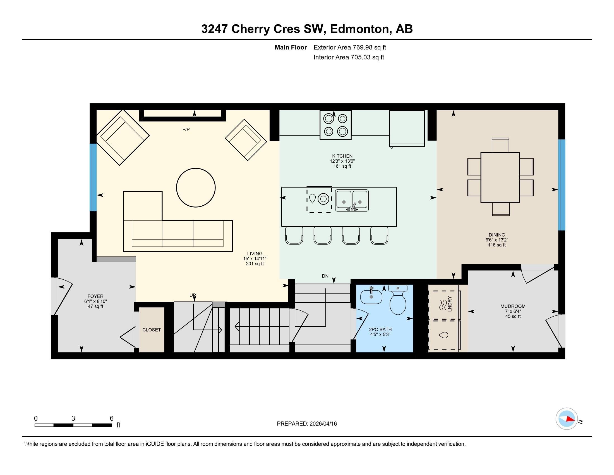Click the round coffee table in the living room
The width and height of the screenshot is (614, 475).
point(196,188)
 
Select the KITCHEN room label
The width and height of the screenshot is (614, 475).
point(342,156)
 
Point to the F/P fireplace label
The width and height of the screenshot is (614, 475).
point(186,129)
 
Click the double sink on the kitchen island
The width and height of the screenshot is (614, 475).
point(352,200)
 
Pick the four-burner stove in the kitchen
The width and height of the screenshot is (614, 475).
point(335,125)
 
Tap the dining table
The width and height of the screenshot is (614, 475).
point(500,177)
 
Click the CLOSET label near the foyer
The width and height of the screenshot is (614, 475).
point(152,330)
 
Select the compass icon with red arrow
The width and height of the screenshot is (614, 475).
point(567,419)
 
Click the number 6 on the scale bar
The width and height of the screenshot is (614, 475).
point(112,419)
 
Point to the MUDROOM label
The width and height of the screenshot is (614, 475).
point(513,306)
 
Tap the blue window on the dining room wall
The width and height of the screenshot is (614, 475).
point(562,185)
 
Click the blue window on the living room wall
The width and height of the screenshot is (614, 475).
point(93,177)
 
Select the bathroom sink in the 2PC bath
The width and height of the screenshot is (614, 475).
point(371,296)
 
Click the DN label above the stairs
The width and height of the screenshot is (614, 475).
point(325,276)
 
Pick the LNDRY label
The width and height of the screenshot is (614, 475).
point(450,304)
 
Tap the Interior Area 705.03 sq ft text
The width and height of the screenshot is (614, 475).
point(349,57)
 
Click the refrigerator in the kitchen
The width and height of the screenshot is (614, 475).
point(407,128)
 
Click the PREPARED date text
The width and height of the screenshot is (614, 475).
point(307,424)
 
